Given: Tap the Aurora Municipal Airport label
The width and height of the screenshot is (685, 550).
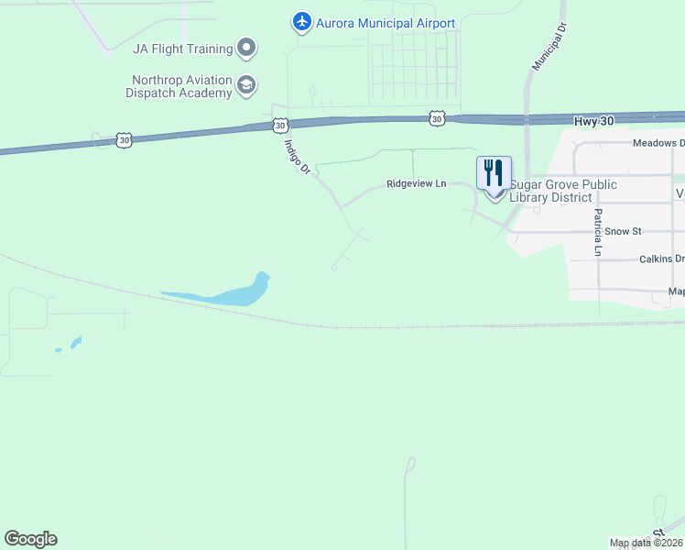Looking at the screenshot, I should (386, 23).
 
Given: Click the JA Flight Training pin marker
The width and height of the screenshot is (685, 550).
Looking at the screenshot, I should (245, 47).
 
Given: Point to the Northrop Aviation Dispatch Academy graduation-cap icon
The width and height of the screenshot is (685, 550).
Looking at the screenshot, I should (245, 86).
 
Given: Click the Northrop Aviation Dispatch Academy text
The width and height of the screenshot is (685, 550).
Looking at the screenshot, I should (180, 86).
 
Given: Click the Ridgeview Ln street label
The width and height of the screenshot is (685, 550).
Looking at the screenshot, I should (416, 183).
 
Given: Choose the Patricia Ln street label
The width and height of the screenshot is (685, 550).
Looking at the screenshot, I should (597, 232).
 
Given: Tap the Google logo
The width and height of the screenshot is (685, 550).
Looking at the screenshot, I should (30, 539).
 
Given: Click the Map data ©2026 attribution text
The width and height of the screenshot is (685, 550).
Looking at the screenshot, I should (646, 543).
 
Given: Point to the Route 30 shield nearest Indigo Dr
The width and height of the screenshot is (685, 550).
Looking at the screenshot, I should (280, 124).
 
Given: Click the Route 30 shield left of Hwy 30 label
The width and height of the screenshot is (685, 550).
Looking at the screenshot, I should (438, 118).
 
